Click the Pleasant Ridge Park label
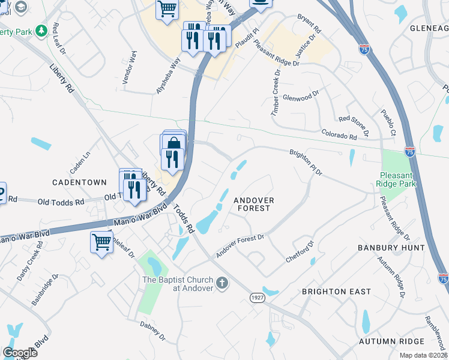click(394, 180)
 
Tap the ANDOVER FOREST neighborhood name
click(253, 204)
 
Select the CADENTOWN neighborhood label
click(79, 182)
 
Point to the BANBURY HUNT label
click(391, 248)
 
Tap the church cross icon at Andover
click(222, 282)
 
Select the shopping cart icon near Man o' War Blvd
click(101, 243)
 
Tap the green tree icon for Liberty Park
click(41, 31)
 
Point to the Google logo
click(20, 353)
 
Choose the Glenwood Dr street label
click(301, 95)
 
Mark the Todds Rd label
click(184, 220)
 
